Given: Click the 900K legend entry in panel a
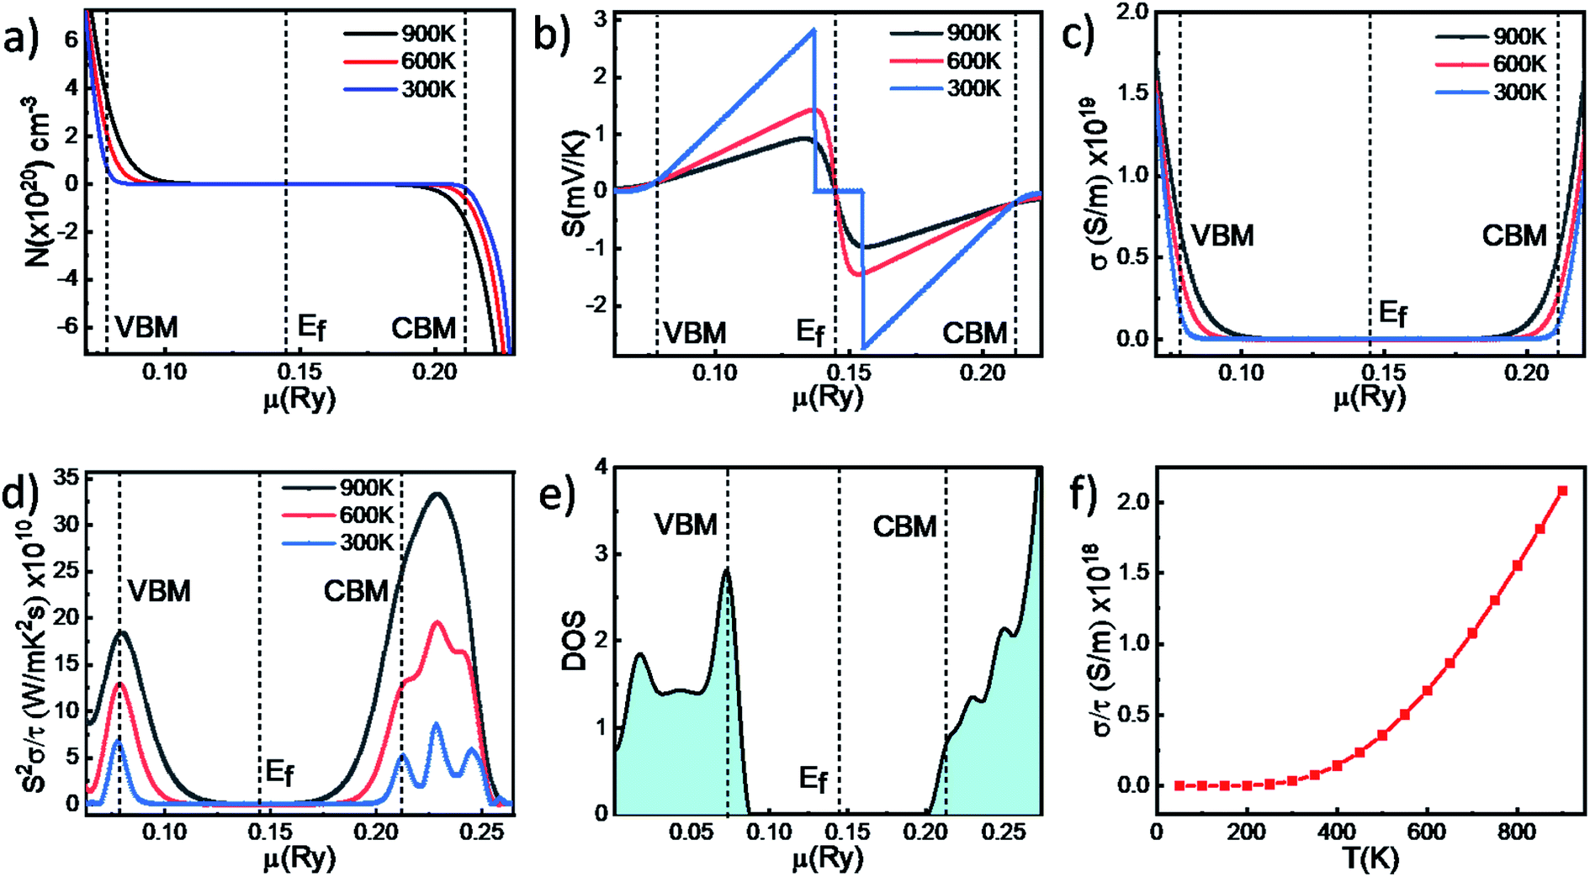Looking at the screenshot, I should coord(427,34).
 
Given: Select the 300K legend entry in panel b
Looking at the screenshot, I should coord(973,87).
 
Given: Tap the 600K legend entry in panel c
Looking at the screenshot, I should coord(1519,64).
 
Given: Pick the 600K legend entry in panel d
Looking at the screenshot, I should coord(366,515).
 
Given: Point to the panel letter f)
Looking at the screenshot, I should coord(1084,496).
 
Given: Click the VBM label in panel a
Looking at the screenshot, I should coord(146,327).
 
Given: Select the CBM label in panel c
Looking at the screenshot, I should coord(1513,235).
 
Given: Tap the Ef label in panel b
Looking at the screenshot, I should coord(810,333).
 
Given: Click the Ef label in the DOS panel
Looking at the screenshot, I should coord(813,779).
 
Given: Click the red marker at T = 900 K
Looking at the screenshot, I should coord(1562,490).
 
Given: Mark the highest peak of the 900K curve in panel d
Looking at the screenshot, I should coord(437,494).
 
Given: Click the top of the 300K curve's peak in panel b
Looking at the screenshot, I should coord(814,30).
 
